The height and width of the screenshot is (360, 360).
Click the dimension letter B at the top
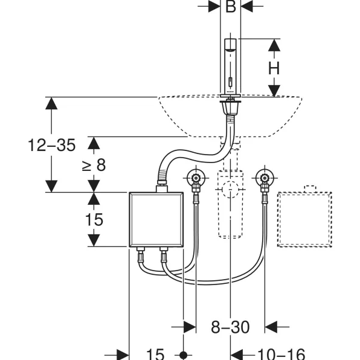click(x=231, y=7)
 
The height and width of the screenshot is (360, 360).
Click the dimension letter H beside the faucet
click(x=274, y=68)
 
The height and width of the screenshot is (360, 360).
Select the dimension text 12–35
click(x=52, y=145)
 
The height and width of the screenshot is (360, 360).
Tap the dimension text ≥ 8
click(x=94, y=165)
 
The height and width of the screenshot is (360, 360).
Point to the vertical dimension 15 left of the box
click(x=94, y=219)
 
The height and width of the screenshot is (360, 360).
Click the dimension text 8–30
click(x=230, y=327)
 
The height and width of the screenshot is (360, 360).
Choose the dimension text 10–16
click(x=281, y=354)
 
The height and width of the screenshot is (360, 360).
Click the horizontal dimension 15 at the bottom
click(x=155, y=354)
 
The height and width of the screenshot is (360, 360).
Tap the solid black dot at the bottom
click(x=183, y=355)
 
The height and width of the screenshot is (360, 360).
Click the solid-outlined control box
click(x=156, y=219)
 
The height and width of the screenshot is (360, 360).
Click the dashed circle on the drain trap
click(x=230, y=190)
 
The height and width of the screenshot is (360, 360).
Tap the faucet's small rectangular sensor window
click(x=230, y=82)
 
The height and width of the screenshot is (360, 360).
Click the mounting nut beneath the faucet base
click(x=230, y=108)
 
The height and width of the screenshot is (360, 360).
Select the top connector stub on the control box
click(x=162, y=188)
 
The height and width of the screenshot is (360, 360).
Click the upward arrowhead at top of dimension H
click(x=274, y=45)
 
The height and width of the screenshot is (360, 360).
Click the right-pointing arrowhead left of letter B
click(x=214, y=6)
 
